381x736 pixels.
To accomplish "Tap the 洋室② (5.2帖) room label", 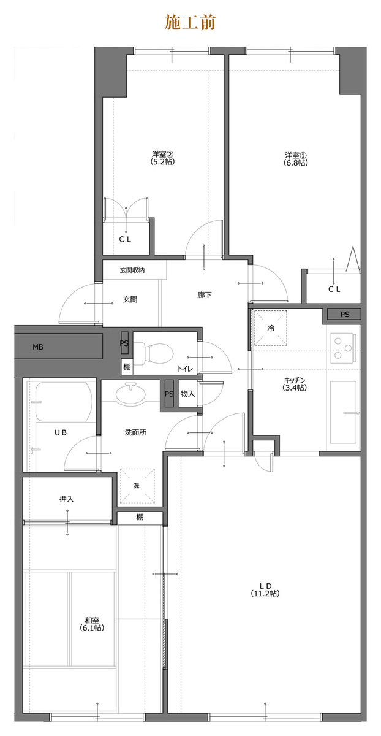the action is (x=162, y=158).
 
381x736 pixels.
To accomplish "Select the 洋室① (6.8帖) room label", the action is (x=296, y=159).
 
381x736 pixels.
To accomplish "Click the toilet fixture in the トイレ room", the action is (x=154, y=353).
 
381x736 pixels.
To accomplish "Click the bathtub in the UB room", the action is (x=64, y=401).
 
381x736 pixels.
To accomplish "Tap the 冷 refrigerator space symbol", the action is (x=271, y=328).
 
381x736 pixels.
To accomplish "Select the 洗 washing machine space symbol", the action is (x=137, y=486).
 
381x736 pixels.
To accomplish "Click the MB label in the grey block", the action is (x=38, y=347).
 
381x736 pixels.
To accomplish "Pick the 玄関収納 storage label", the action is (x=132, y=270).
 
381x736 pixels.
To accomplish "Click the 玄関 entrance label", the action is (x=130, y=299).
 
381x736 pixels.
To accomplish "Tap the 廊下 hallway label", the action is (x=205, y=295).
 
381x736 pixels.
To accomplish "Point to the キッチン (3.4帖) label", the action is (x=295, y=384).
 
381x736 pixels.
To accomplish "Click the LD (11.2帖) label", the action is (x=265, y=590).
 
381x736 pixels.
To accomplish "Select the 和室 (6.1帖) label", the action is (x=92, y=624).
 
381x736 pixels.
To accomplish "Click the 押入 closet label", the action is (x=66, y=499).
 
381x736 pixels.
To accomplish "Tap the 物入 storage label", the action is (x=187, y=394).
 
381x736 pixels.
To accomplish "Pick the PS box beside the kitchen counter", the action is (x=344, y=314).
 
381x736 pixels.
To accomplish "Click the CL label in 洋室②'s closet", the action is (x=125, y=240).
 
